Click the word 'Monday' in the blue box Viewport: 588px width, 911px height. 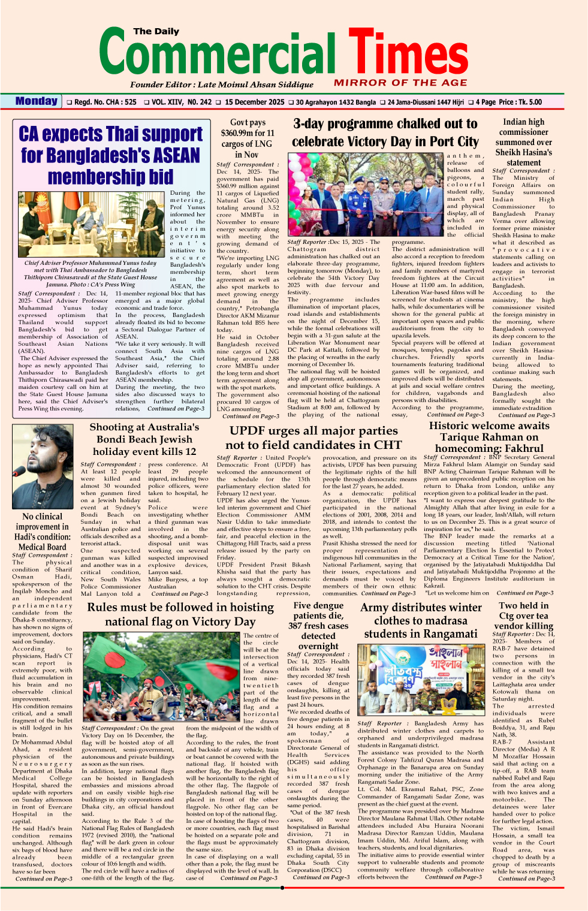(37, 101)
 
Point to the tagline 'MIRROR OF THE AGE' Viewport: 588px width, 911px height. (400, 83)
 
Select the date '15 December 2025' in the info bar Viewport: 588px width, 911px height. (255, 102)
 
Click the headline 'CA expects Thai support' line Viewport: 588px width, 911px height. (111, 134)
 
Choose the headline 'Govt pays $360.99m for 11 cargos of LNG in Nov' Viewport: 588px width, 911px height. (248, 138)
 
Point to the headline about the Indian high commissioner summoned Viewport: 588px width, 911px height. (523, 142)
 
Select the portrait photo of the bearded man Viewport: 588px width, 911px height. (42, 466)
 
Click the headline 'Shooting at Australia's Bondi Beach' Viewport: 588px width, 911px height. (144, 439)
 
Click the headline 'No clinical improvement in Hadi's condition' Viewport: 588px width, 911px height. (42, 531)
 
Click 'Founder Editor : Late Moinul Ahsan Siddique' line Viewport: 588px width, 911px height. (222, 85)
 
